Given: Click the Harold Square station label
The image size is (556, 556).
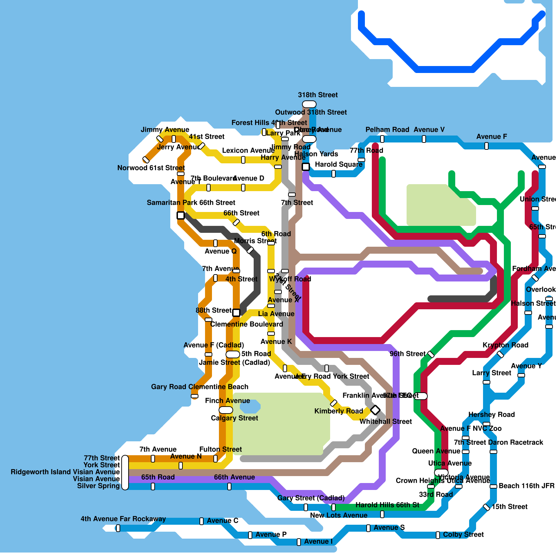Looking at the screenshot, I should pos(338,164).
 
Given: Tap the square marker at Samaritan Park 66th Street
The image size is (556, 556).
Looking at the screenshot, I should pos(181,215).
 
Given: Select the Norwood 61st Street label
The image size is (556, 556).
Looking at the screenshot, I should pos(151,168).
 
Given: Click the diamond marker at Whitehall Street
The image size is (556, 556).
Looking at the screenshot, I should pos(375,410).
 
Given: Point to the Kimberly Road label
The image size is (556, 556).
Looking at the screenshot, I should pos(338,411).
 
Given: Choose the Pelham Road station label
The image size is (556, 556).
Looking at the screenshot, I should pos(387,130).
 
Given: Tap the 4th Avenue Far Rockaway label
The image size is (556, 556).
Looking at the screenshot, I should pos(123,519).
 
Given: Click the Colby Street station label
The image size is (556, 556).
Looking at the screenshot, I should pos(463,534).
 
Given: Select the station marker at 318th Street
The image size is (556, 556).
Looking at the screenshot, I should pos(309,104).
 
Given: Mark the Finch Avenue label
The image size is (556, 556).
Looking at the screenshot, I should pos(227,401).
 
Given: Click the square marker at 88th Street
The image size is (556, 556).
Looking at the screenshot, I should pos(236,313).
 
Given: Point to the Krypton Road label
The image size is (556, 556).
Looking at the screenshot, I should pos(505,345).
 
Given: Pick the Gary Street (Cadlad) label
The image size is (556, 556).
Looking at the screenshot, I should pos(311,498).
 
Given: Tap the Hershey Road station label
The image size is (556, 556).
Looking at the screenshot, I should pos(491,415).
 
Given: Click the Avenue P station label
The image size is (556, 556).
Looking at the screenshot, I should pos(271,534).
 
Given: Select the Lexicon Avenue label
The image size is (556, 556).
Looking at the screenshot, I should pos(248,150).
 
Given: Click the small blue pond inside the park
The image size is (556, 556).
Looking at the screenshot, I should pos(250,406).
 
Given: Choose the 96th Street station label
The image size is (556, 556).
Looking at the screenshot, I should pos(407,354).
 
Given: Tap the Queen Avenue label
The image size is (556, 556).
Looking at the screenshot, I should pos(436,451).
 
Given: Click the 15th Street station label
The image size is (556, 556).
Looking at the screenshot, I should pos(509,507).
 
